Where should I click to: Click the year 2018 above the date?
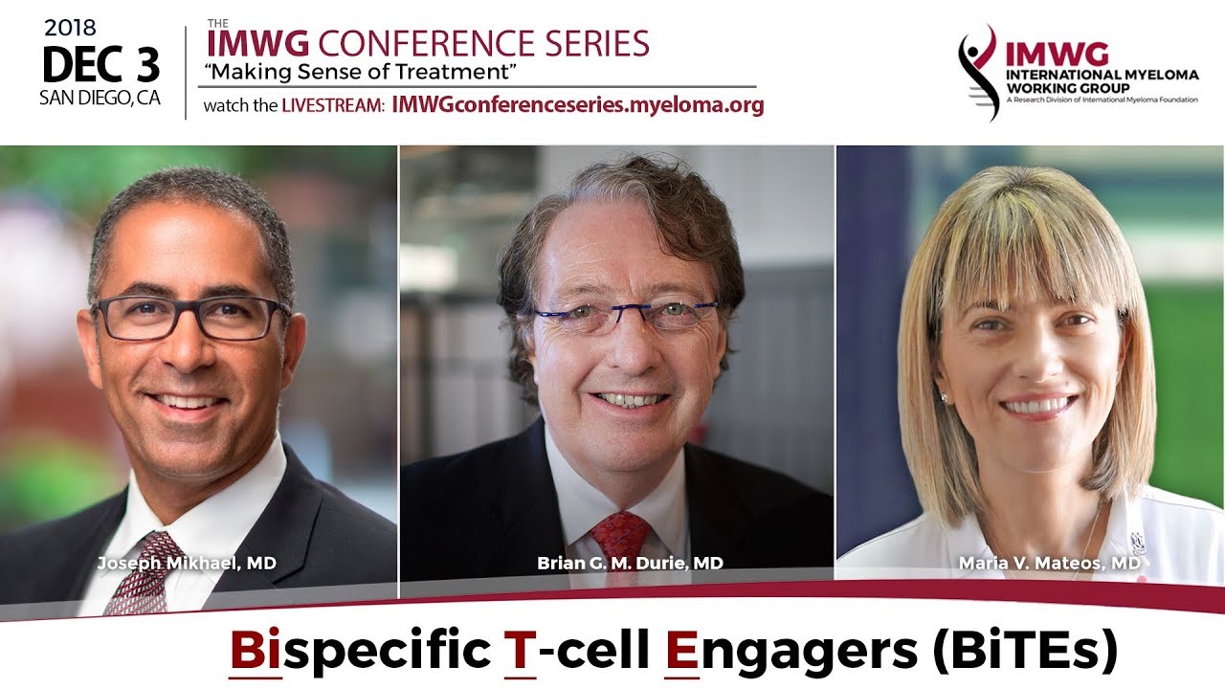click(71, 28)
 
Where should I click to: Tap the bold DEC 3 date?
click(101, 64)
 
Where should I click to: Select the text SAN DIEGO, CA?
click(100, 98)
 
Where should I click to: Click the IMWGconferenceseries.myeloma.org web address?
click(578, 104)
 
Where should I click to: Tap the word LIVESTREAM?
click(334, 105)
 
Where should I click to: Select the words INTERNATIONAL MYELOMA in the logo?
click(1102, 75)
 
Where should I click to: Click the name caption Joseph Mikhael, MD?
click(187, 563)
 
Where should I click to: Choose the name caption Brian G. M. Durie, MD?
click(630, 563)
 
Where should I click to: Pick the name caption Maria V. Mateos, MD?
click(1050, 563)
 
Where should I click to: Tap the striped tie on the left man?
click(145, 571)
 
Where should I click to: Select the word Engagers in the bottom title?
click(791, 653)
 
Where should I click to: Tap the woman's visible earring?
click(944, 398)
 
